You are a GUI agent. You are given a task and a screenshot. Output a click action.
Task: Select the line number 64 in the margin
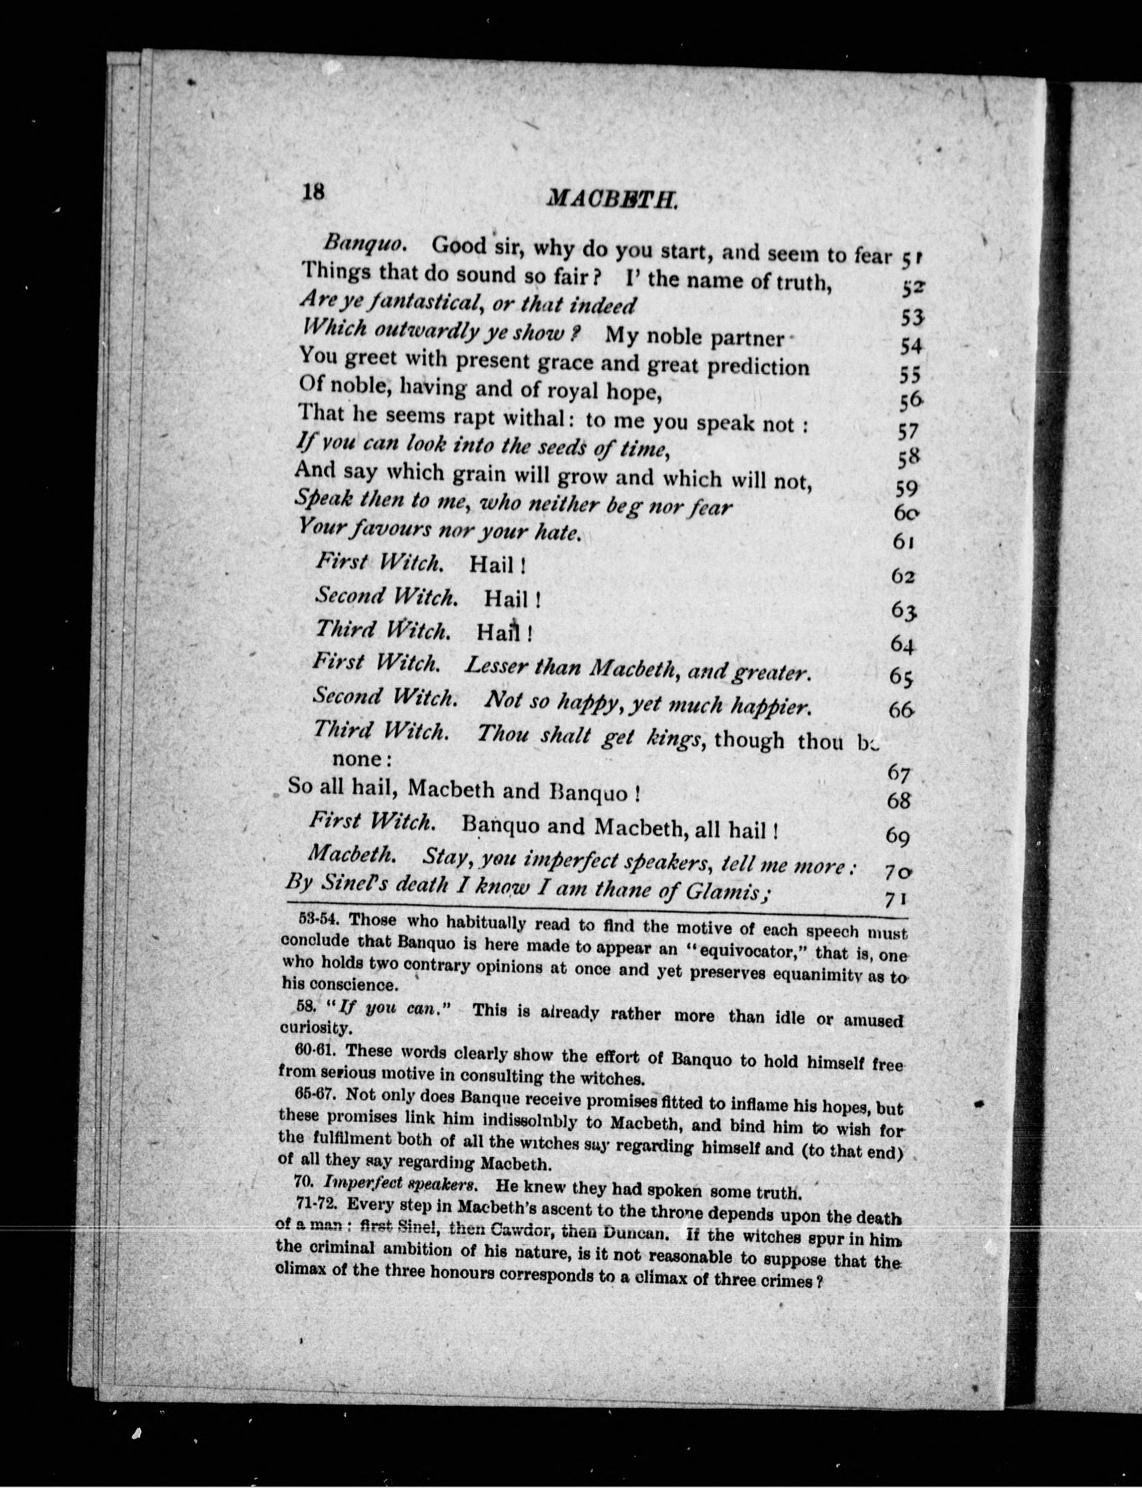click(903, 643)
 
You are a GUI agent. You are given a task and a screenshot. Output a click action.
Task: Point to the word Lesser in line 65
click(496, 666)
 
